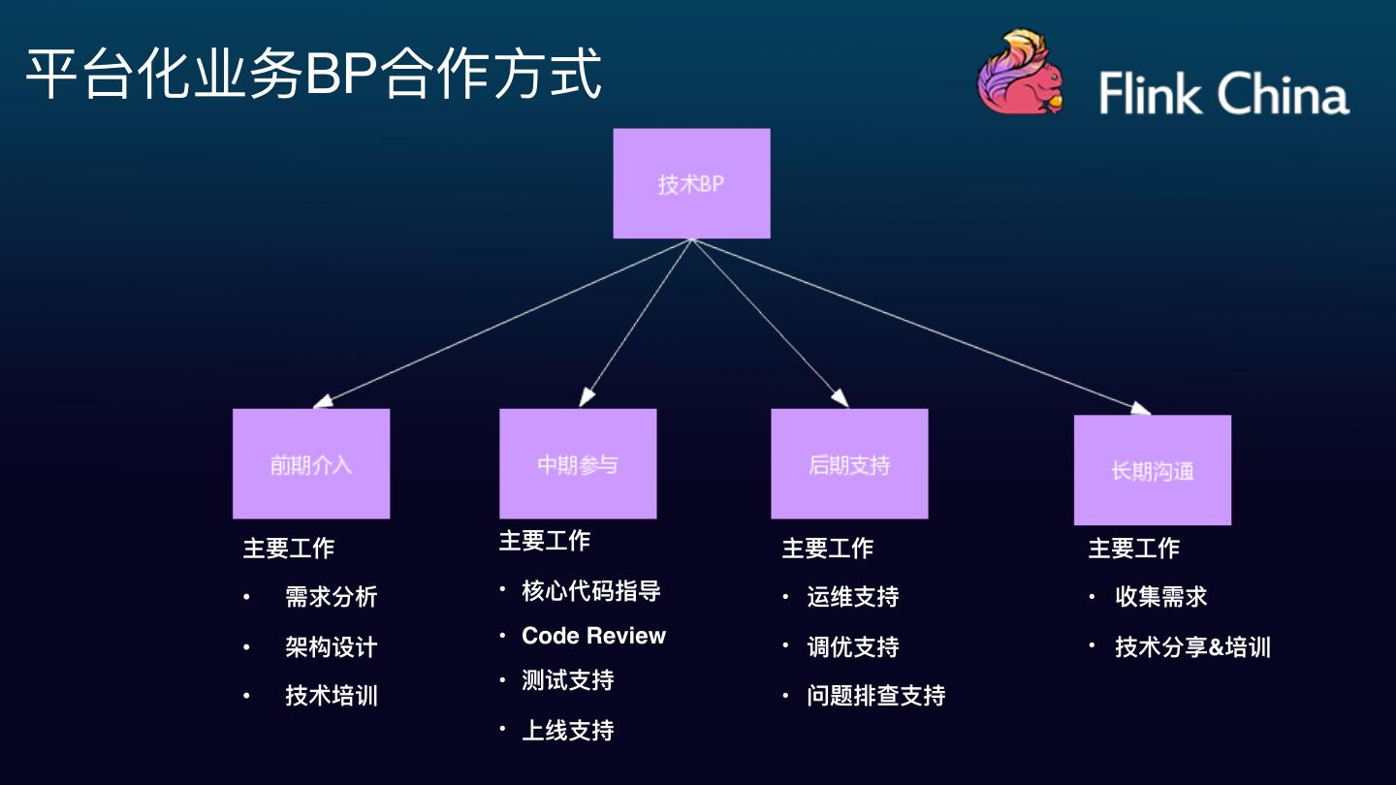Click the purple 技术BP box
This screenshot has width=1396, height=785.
(x=691, y=183)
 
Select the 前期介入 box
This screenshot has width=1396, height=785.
(x=311, y=463)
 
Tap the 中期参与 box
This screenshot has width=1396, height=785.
(x=578, y=463)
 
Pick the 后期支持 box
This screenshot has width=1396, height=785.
(x=849, y=463)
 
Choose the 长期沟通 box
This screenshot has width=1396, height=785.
(x=1153, y=470)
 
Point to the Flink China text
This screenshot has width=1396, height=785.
(x=1223, y=94)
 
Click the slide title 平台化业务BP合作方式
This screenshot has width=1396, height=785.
(x=313, y=74)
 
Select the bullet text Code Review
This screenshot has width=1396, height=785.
(x=593, y=636)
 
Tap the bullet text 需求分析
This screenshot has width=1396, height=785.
(x=331, y=597)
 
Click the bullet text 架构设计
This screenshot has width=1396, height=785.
(x=331, y=646)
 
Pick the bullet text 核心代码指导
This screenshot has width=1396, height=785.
(x=591, y=590)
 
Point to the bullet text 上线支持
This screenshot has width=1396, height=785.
(x=568, y=730)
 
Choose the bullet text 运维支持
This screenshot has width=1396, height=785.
(x=853, y=597)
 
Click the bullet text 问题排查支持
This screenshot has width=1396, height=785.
(x=876, y=696)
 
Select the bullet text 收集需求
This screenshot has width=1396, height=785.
(x=1161, y=597)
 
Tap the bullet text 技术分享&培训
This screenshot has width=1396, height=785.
(x=1192, y=647)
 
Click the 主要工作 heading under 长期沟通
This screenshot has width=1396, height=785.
(x=1133, y=549)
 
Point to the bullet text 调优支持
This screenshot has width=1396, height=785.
(x=853, y=646)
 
